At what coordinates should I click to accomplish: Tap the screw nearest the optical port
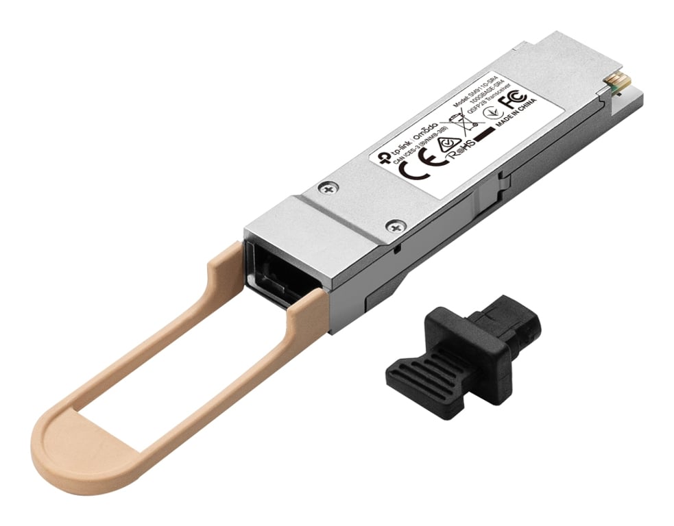click(394, 225)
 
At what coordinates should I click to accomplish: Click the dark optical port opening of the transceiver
click(271, 270)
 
